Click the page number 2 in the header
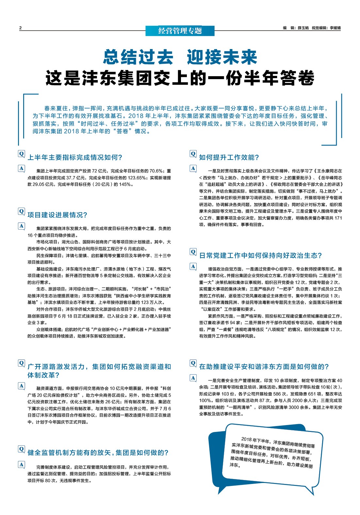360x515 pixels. click(21, 28)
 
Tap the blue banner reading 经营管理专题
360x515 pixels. click(180, 31)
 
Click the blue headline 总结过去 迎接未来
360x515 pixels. click(180, 57)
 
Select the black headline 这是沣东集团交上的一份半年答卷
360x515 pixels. click(180, 78)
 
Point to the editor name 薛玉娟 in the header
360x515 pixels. click(303, 28)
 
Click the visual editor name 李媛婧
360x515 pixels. click(335, 28)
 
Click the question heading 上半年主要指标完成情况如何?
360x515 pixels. click(75, 158)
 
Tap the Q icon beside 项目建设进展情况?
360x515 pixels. click(21, 211)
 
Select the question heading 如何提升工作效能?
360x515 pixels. click(229, 158)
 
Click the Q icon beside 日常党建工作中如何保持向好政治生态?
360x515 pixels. click(193, 252)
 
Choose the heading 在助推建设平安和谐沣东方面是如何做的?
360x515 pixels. click(264, 367)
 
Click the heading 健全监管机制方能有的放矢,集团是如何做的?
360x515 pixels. click(98, 453)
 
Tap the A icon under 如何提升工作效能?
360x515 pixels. click(193, 168)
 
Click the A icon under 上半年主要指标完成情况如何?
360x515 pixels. click(21, 168)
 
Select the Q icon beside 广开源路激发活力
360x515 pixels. click(21, 363)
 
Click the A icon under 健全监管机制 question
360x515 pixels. click(21, 464)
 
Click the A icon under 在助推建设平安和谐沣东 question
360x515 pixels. click(193, 378)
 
